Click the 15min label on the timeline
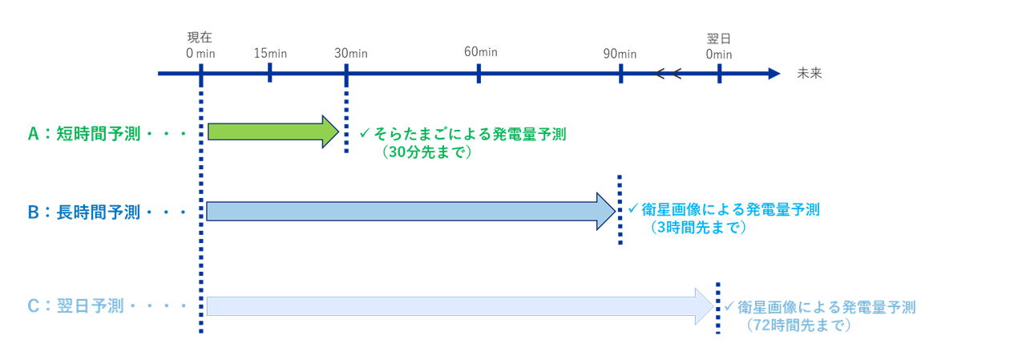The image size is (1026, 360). (270, 53)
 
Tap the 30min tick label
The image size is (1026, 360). (351, 53)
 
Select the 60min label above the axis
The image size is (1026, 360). (480, 52)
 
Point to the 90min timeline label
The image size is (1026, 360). (620, 54)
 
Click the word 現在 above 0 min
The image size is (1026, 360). (200, 37)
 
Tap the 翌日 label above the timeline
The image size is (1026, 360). (719, 38)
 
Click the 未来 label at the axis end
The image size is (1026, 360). (810, 73)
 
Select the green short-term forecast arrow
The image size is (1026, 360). (273, 132)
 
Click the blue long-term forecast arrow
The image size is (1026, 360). (411, 211)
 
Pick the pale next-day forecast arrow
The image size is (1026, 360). (460, 306)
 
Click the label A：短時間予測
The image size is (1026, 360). (84, 134)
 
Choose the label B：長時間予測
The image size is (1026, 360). (84, 212)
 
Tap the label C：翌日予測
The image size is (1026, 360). (75, 306)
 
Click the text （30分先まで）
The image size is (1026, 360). (426, 152)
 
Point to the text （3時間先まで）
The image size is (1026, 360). (698, 227)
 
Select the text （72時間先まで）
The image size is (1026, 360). (798, 326)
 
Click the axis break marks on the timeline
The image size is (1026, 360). (668, 73)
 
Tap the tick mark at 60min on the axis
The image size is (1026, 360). (479, 73)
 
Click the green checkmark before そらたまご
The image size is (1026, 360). (365, 133)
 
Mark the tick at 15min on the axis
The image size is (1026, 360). (270, 72)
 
